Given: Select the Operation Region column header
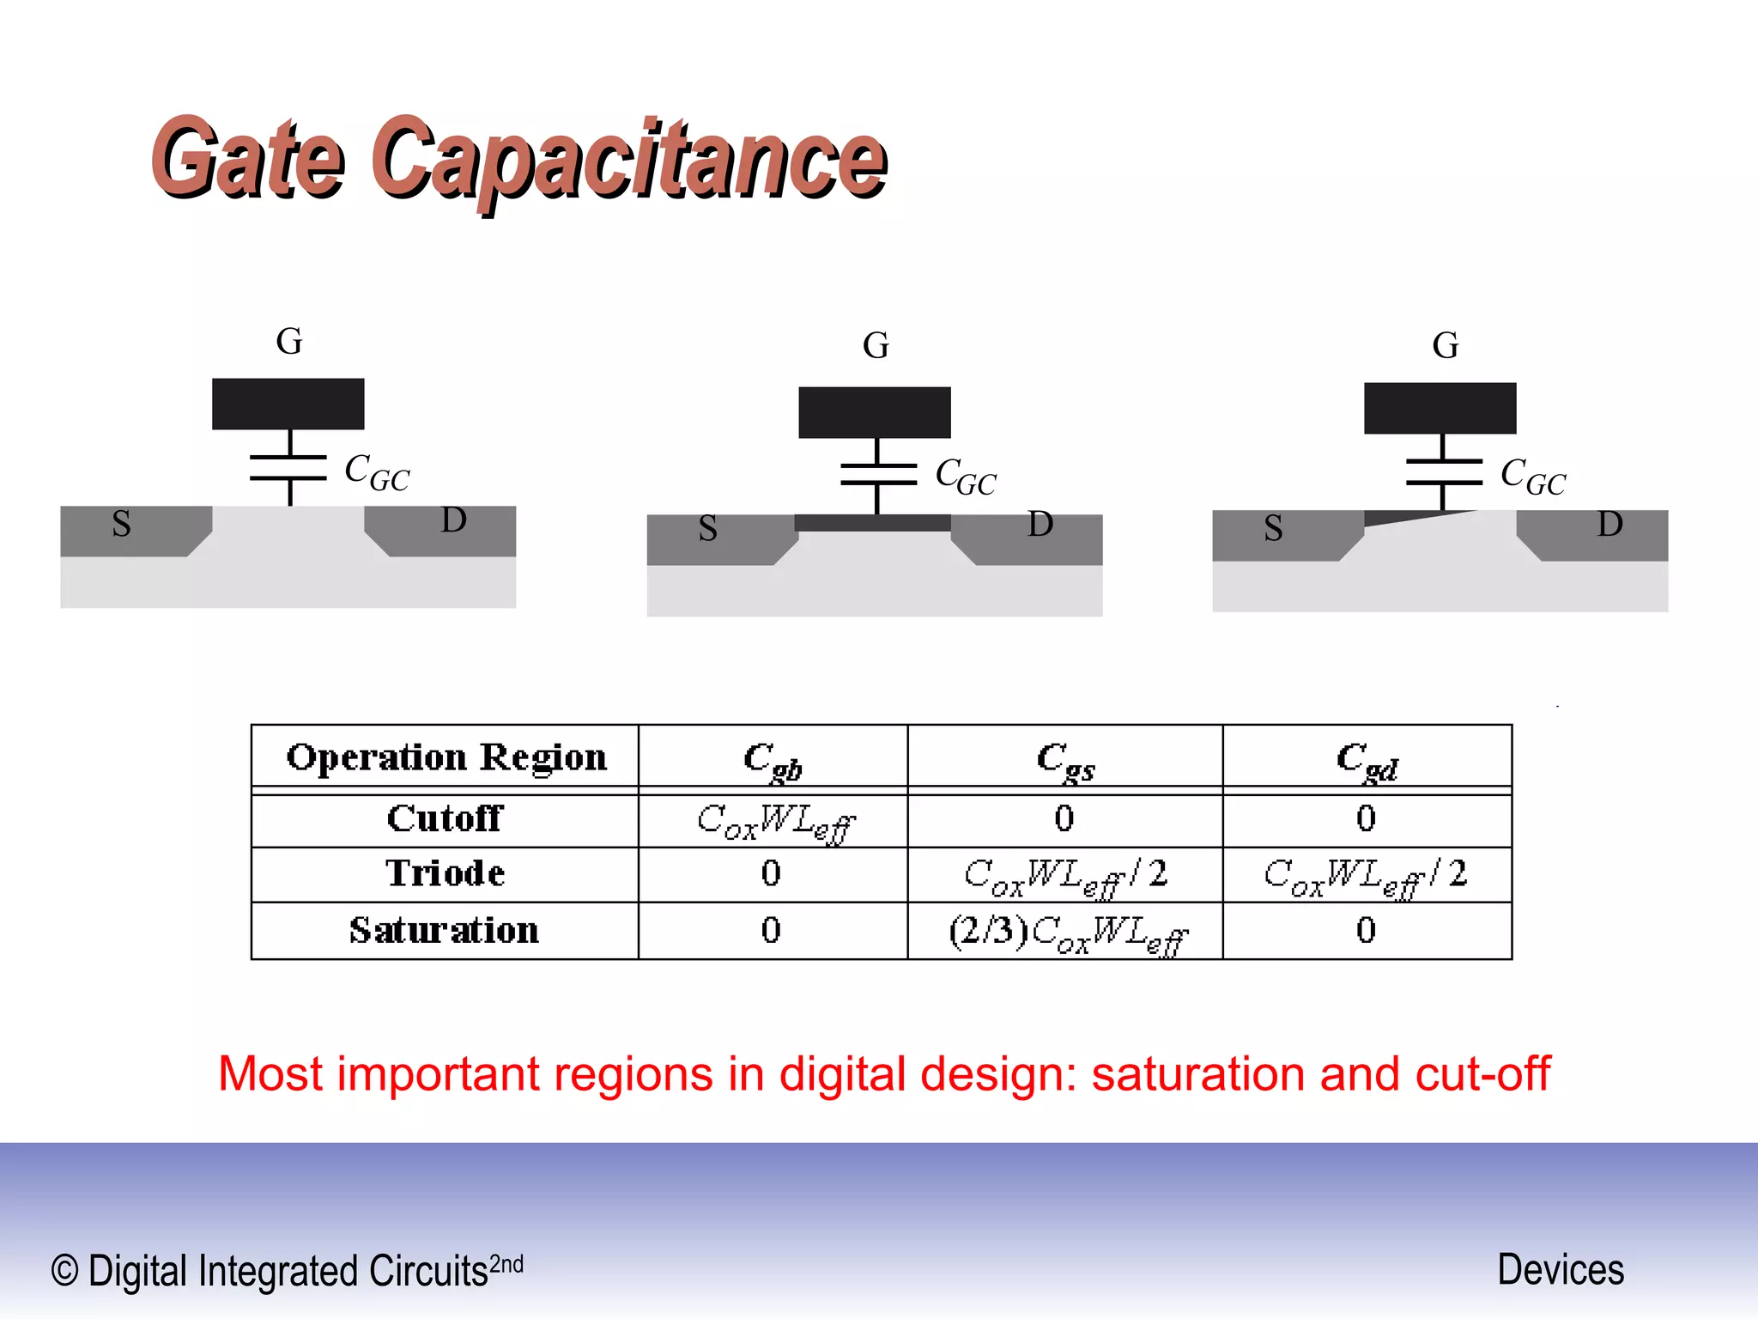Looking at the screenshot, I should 446,757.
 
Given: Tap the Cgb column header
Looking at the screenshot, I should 772,760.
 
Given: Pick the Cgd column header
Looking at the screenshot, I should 1367,760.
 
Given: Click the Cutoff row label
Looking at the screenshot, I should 445,818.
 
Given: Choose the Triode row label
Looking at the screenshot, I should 445,873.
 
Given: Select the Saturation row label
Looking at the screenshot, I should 444,930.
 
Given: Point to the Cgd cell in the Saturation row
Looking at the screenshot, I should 1366,930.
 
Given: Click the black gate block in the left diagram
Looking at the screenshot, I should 288,404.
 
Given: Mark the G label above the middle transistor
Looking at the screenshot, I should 876,345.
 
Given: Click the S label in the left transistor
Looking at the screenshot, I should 122,523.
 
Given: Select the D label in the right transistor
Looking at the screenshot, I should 1609,523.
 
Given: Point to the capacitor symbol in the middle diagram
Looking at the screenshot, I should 877,474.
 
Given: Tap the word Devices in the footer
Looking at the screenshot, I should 1560,1269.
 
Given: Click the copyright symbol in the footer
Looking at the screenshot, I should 64,1270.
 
